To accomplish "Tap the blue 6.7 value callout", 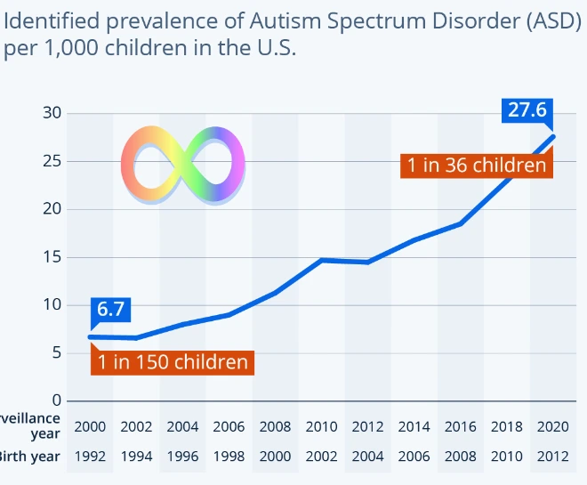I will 110,310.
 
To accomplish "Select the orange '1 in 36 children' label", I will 476,165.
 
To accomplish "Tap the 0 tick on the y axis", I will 55,400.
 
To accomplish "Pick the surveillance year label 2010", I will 321,427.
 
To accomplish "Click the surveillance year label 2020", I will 552,427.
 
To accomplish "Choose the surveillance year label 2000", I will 90,427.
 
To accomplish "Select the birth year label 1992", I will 90,457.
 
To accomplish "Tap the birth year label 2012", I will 552,457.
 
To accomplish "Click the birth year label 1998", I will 229,457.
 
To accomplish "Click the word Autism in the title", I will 270,20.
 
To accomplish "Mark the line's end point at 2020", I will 553,136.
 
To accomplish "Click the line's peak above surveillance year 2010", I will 321,260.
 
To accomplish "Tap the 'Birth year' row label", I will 30,457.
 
